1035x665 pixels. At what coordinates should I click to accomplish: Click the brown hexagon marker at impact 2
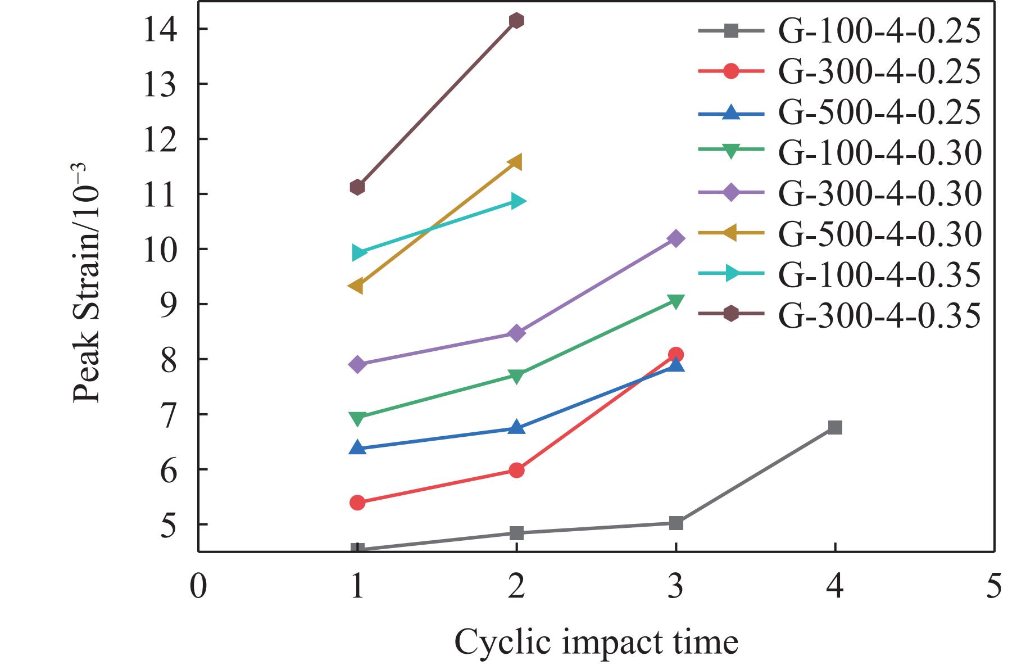click(516, 21)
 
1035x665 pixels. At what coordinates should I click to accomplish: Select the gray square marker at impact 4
click(835, 428)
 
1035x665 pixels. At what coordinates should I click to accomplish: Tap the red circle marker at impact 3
click(676, 355)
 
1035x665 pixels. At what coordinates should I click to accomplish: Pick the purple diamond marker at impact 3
click(676, 239)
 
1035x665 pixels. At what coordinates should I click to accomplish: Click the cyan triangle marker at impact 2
click(517, 201)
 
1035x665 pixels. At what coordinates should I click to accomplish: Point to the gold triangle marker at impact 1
click(356, 286)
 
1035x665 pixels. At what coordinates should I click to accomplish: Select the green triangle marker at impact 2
click(516, 376)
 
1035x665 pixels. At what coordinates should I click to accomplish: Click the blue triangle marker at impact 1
click(357, 447)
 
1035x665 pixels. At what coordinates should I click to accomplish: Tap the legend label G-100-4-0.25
click(879, 31)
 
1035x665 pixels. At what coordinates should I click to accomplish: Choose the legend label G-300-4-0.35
click(879, 315)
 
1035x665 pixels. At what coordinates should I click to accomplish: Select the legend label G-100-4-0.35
click(879, 275)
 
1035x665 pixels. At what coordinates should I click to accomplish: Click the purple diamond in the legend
click(730, 193)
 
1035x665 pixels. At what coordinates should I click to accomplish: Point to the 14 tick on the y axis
click(198, 29)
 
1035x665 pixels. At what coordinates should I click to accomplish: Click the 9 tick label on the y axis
click(168, 305)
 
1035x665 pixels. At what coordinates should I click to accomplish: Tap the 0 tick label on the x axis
click(198, 586)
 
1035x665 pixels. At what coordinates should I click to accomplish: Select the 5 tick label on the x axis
click(994, 586)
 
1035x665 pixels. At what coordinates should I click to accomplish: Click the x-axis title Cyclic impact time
click(596, 642)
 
